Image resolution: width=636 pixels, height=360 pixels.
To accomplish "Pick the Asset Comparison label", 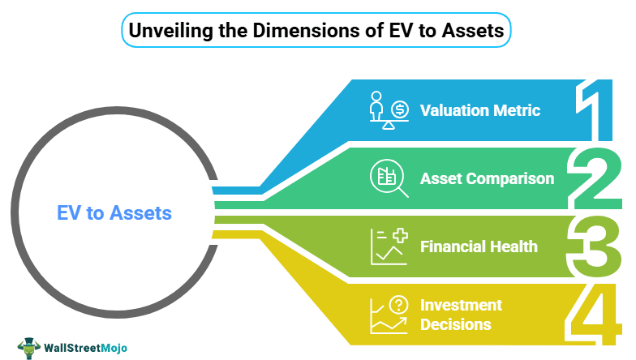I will pyautogui.click(x=487, y=178).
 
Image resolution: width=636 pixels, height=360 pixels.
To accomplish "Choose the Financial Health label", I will pyautogui.click(x=479, y=246).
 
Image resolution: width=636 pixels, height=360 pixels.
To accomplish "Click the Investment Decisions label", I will pyautogui.click(x=461, y=315).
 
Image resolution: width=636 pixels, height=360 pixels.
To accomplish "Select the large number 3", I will pyautogui.click(x=595, y=246).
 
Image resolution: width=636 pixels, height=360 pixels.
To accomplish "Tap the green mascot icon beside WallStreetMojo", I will pyautogui.click(x=30, y=343).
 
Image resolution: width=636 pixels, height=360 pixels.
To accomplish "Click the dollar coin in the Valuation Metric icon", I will pyautogui.click(x=400, y=108).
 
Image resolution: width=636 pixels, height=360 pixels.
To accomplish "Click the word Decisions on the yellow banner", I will pyautogui.click(x=455, y=324).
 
